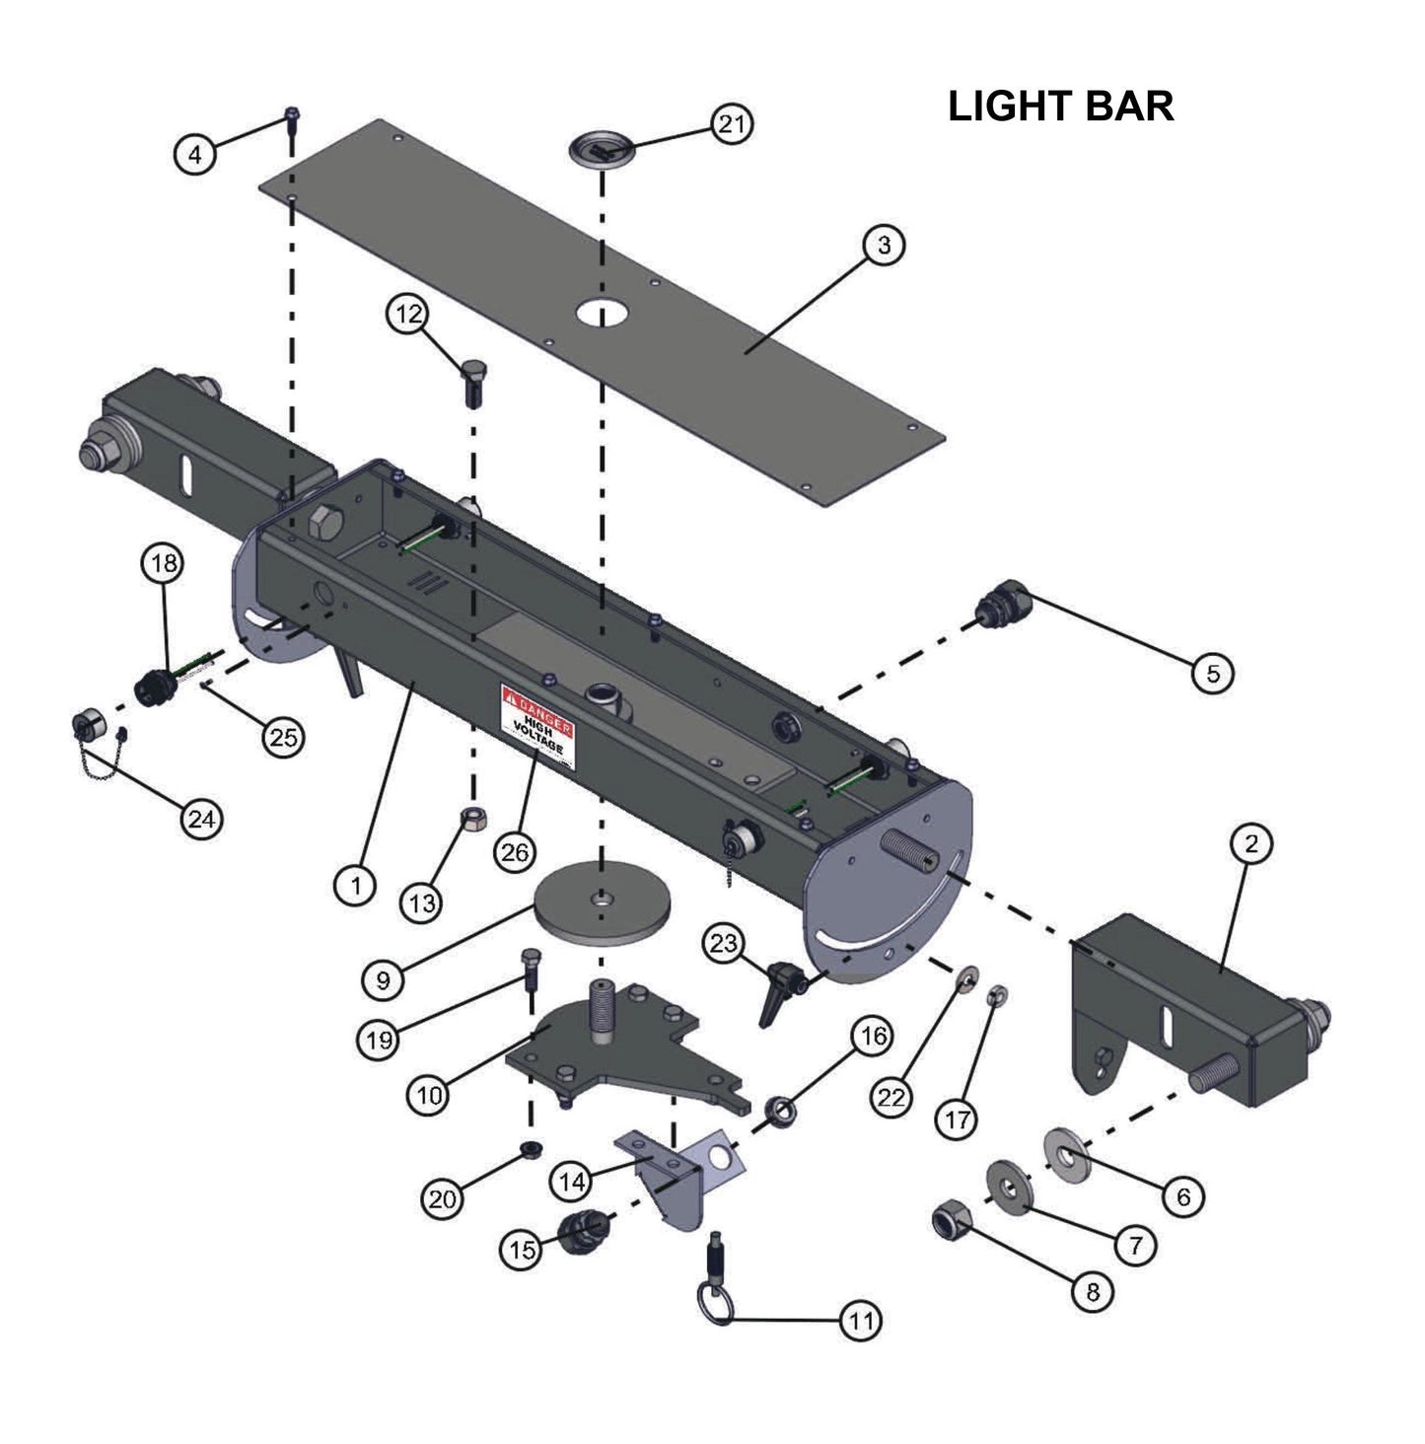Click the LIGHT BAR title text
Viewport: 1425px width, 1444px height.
(1060, 107)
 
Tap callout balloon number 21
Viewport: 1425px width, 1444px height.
(731, 125)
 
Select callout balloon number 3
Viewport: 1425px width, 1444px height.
(883, 244)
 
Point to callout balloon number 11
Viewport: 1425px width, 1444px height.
(861, 1320)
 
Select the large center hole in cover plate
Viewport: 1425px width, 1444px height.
(603, 312)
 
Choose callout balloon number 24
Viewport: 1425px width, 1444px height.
(201, 819)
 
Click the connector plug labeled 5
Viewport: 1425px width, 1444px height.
(1000, 601)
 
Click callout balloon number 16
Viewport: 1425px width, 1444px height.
(872, 1036)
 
